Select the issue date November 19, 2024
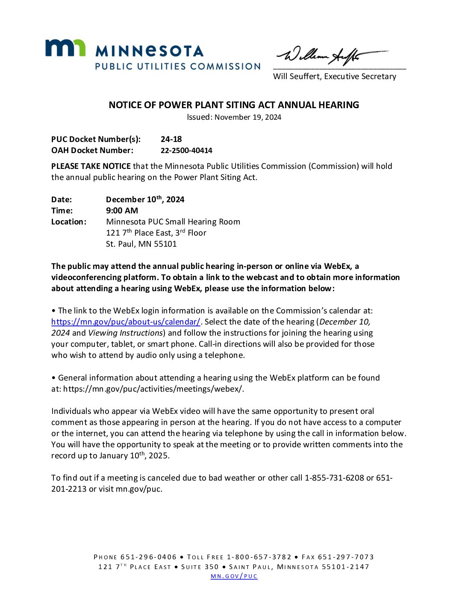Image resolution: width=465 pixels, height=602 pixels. [248, 117]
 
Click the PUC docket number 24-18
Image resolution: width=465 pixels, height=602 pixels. [171, 139]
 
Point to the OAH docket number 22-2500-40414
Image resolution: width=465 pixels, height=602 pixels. [186, 150]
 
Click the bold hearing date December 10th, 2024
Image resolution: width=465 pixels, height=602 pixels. [145, 199]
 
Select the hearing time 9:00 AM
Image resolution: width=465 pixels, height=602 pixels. [122, 210]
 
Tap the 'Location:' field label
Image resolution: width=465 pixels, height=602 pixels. [68, 221]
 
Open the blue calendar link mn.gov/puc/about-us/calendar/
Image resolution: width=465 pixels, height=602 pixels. [126, 322]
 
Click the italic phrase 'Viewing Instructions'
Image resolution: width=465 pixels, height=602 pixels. [125, 333]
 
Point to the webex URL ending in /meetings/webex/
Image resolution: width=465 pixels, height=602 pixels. [153, 389]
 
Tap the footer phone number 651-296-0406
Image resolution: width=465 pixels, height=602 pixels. [148, 557]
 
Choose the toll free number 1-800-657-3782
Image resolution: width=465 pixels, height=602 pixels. [259, 557]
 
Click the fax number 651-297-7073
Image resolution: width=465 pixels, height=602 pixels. [346, 557]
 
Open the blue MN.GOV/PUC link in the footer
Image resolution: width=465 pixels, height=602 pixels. [234, 576]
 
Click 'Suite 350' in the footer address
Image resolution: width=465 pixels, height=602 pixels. [200, 567]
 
